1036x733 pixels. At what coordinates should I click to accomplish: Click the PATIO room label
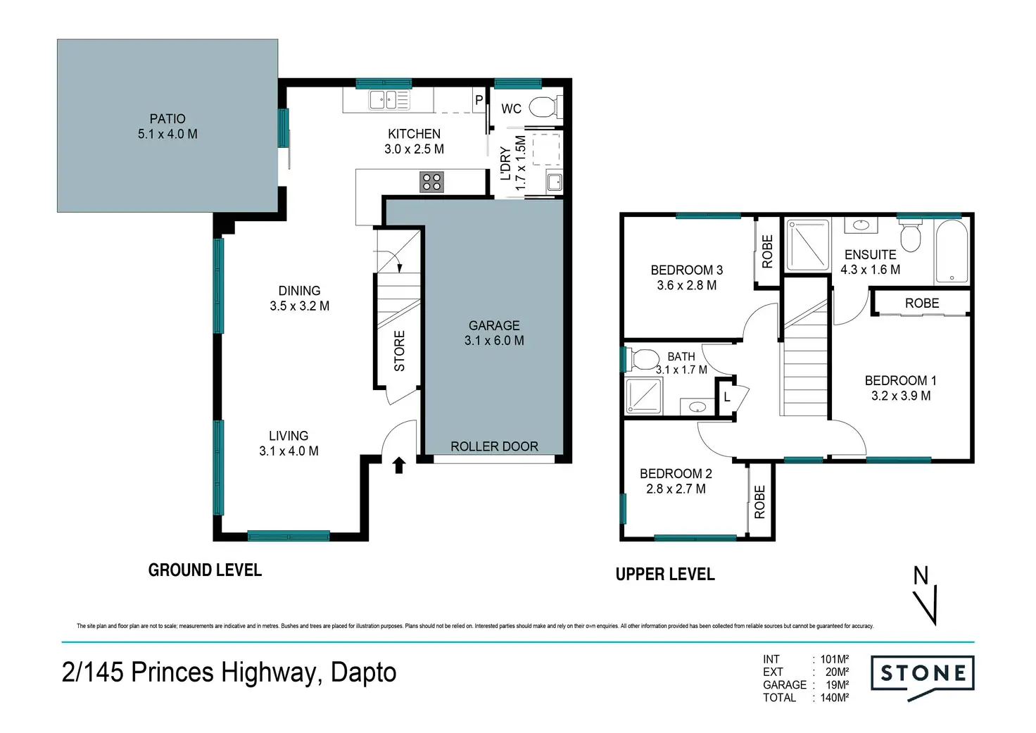click(x=168, y=119)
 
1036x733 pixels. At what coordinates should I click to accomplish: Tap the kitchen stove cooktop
click(x=431, y=182)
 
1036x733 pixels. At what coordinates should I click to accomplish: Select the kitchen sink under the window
click(x=389, y=99)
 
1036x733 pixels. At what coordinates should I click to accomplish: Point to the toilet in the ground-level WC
click(x=545, y=107)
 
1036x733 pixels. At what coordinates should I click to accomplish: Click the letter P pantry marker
click(x=479, y=99)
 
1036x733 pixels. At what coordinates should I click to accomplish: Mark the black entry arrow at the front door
click(x=398, y=465)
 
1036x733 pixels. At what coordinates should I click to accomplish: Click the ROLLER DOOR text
click(x=494, y=446)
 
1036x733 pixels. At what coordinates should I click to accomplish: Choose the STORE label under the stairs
click(x=399, y=351)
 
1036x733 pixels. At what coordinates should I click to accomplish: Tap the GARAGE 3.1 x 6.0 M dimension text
click(x=494, y=341)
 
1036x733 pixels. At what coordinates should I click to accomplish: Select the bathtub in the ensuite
click(x=952, y=251)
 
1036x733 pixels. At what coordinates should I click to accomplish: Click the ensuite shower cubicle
click(x=808, y=245)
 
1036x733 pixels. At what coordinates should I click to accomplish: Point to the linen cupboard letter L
click(x=726, y=397)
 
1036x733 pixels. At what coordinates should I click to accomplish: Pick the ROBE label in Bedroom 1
click(x=922, y=303)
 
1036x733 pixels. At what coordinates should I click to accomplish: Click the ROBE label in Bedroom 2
click(x=759, y=501)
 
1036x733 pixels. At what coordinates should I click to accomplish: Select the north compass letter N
click(x=921, y=576)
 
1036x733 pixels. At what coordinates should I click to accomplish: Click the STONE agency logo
click(x=922, y=678)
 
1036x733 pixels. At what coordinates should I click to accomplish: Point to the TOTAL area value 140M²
click(x=834, y=697)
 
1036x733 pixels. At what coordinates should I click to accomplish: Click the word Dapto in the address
click(x=364, y=673)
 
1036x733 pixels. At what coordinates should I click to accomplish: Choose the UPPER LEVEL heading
click(x=665, y=575)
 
